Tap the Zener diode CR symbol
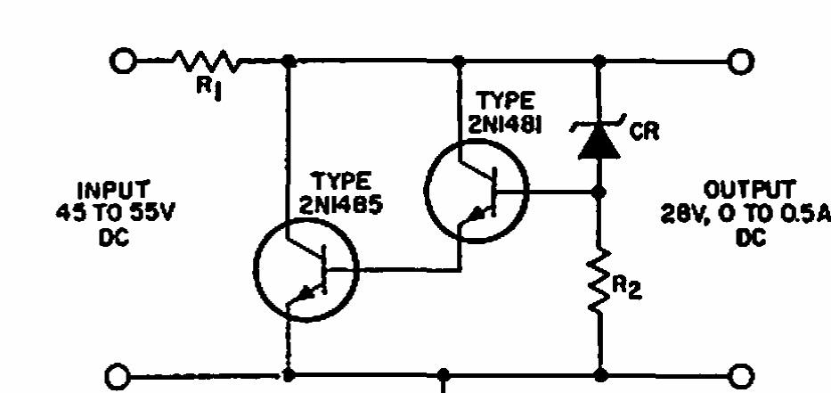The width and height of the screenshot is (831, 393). [599, 138]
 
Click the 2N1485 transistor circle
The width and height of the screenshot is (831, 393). [306, 269]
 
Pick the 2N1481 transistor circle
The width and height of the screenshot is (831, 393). [477, 191]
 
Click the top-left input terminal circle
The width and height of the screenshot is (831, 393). [123, 61]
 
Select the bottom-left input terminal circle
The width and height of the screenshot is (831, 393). [118, 376]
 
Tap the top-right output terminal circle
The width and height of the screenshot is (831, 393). [741, 61]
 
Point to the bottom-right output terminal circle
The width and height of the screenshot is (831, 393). [741, 376]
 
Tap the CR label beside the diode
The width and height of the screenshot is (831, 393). [645, 131]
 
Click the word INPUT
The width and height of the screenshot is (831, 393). [113, 191]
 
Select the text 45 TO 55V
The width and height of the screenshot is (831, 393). [115, 213]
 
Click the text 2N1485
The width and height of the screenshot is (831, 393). [341, 205]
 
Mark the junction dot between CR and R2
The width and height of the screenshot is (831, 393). [599, 192]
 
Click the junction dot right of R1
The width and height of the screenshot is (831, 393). [289, 61]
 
